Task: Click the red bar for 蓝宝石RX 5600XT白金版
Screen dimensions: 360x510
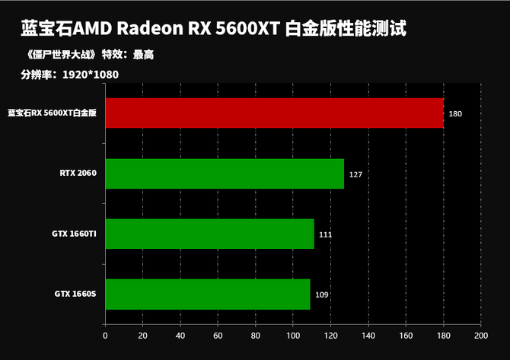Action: [x=274, y=113]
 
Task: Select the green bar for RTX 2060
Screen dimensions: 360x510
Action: [x=225, y=174]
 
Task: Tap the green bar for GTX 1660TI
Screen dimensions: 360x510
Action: [x=209, y=234]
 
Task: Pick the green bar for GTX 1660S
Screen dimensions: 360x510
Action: [x=208, y=295]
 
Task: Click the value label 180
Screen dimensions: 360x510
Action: [x=455, y=113]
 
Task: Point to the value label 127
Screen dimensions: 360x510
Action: [x=355, y=174]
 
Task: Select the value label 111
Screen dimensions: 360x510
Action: [x=325, y=234]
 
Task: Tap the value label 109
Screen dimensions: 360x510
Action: [x=321, y=295]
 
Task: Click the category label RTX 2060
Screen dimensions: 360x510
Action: [x=78, y=173]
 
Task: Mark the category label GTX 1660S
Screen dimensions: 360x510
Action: [x=75, y=294]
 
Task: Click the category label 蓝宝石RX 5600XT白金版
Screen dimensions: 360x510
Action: [x=52, y=113]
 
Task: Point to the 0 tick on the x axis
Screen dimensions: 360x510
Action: [x=105, y=335]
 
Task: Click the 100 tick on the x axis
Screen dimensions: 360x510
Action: [x=292, y=335]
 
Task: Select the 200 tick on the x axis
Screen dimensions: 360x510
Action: [x=480, y=335]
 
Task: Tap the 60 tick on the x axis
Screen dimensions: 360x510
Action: [x=218, y=335]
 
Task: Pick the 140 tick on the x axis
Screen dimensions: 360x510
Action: [x=368, y=335]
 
